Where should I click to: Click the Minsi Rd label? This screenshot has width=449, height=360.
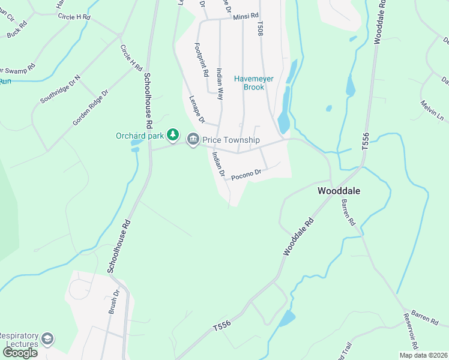(x=246, y=16)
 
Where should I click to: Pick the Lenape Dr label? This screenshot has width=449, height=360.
(x=197, y=109)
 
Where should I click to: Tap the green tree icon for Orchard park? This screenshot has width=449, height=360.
(x=173, y=134)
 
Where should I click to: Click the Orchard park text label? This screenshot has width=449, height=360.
(x=140, y=135)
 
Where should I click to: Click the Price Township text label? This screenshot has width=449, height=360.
(x=231, y=140)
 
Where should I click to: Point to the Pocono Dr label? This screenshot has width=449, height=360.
(x=247, y=173)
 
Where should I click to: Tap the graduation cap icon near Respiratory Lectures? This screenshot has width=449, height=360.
(x=47, y=340)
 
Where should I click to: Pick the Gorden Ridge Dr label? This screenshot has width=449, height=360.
(x=90, y=108)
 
